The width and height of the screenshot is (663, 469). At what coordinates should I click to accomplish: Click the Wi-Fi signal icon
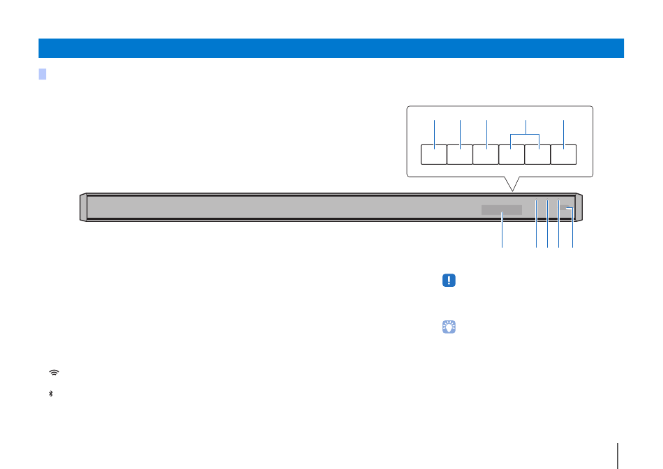(x=54, y=373)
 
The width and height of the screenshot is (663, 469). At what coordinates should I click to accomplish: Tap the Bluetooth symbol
(x=51, y=394)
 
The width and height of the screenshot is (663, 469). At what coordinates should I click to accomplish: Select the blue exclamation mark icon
(x=449, y=281)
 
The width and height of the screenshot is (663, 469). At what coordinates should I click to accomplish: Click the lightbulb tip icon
(x=449, y=326)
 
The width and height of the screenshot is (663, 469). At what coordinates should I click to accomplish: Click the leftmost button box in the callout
(x=434, y=154)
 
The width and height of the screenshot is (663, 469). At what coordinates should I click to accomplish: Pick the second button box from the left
(x=460, y=154)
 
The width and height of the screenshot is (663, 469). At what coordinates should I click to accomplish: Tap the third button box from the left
(x=486, y=154)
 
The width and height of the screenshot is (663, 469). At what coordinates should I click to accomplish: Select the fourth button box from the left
(x=512, y=154)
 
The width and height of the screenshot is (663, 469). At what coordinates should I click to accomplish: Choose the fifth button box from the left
(x=538, y=154)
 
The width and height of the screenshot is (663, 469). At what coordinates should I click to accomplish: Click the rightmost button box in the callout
(x=564, y=154)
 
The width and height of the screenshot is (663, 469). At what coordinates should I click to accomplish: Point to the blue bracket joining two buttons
(x=526, y=133)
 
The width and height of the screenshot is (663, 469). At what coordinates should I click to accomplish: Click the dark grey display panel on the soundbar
(x=501, y=210)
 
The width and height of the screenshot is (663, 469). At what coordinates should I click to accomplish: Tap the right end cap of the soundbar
(x=579, y=208)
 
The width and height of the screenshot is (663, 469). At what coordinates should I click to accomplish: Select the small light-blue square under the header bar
(x=43, y=74)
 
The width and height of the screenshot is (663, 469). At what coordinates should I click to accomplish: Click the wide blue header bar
(x=331, y=48)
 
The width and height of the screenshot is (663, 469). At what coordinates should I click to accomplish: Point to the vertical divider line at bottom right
(x=618, y=452)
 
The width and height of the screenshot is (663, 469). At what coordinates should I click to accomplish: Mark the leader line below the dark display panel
(x=502, y=232)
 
